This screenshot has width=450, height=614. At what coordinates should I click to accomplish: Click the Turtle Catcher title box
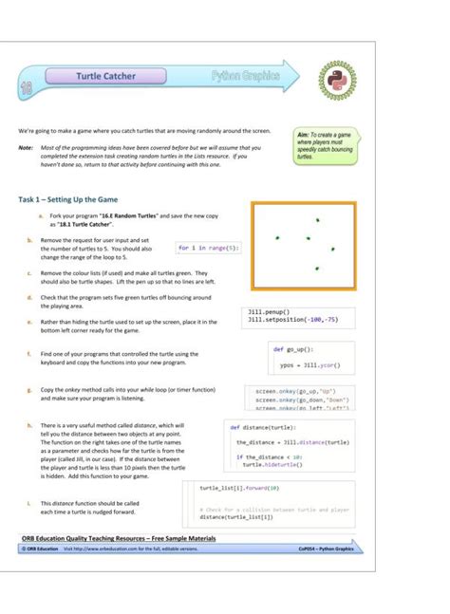[x=106, y=76]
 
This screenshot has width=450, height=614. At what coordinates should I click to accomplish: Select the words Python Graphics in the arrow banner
[x=246, y=74]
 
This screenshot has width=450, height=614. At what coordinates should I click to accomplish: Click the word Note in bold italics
[x=26, y=147]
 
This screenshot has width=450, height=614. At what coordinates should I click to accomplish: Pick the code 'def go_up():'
[x=291, y=350]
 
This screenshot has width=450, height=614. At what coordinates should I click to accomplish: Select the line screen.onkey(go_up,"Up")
[x=293, y=390]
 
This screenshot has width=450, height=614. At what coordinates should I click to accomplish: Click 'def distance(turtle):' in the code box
[x=262, y=427]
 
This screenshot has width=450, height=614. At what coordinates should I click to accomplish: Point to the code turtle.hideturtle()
[x=276, y=465]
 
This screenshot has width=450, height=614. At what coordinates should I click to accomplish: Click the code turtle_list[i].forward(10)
[x=239, y=488]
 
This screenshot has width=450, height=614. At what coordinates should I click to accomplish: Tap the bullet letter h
[x=29, y=426]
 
